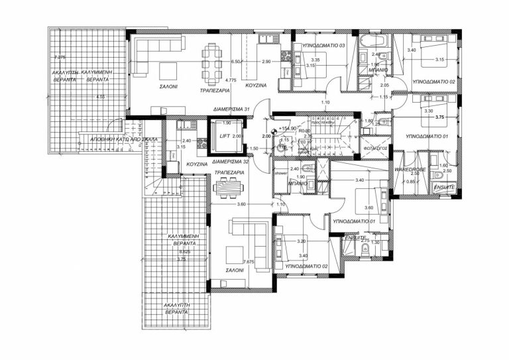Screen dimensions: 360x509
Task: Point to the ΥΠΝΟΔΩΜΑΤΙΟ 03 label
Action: click(324, 45)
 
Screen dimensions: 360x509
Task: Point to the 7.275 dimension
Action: click(61, 58)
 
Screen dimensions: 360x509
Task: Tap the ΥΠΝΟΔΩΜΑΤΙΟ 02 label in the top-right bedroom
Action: click(433, 82)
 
